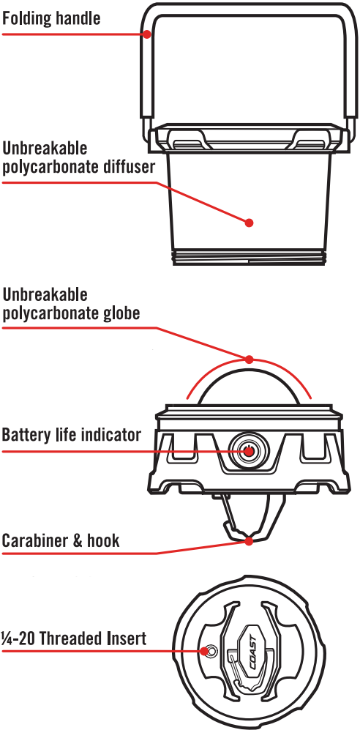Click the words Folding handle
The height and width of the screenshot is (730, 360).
coord(51,18)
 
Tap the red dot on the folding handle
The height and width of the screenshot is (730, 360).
coord(147,34)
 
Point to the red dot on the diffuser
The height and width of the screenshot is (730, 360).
coord(250,223)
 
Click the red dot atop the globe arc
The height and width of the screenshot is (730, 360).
coord(250,360)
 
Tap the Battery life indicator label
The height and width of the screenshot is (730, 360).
coord(71,435)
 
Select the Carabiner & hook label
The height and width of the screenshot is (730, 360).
coord(61,540)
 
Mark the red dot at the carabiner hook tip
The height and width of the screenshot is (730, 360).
coord(250,541)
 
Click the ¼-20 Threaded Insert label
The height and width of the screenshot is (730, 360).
coord(74,638)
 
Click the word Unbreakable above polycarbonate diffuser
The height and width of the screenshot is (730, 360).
coord(45,149)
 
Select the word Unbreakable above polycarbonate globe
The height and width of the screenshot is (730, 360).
coord(45,294)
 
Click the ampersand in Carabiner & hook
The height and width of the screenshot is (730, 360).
coord(79,540)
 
